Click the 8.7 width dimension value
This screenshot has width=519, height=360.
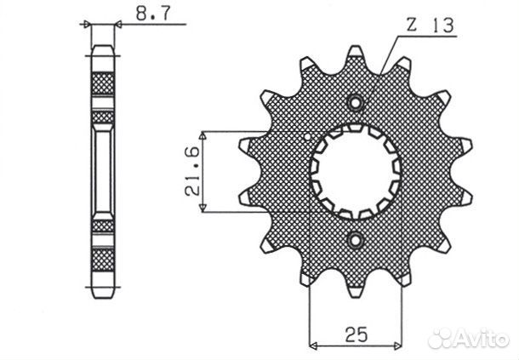[153, 14]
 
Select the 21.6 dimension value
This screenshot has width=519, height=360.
[192, 171]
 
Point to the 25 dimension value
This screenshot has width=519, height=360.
[356, 334]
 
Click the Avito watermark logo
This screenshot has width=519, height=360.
[468, 338]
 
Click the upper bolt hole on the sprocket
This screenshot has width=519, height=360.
[355, 103]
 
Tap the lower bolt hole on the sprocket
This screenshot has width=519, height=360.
[356, 240]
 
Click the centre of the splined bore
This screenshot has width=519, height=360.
[356, 171]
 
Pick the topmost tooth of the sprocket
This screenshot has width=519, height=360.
[355, 52]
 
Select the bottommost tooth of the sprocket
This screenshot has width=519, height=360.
[355, 290]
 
